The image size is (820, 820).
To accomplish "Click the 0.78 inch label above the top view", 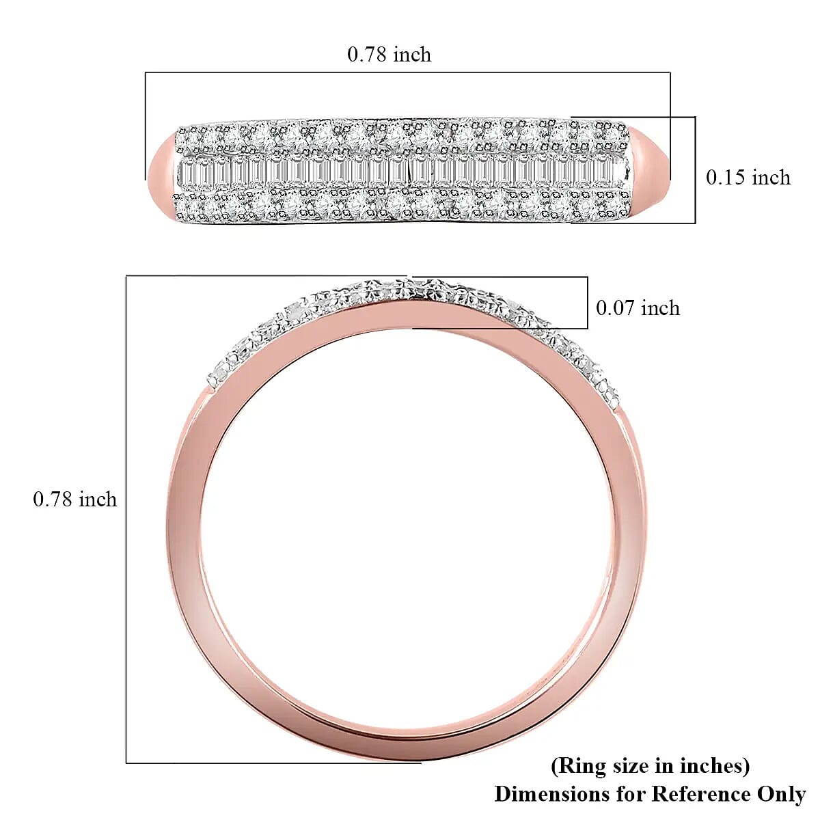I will click(389, 55).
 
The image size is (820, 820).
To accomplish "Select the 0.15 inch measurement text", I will click(748, 178).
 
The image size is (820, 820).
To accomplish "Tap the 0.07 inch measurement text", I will click(638, 308).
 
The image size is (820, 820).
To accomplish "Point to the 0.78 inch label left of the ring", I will click(74, 500).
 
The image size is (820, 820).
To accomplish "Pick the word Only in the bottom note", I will click(781, 794).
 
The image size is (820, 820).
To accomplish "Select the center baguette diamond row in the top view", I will click(403, 172).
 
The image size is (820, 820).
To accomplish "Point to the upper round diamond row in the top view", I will click(403, 135).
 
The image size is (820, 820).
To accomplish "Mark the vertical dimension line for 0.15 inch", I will click(695, 169).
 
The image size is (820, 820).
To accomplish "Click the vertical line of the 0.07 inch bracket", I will click(587, 303).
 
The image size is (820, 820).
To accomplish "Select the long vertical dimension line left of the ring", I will click(126, 519).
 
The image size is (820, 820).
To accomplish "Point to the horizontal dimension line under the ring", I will click(273, 762).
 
